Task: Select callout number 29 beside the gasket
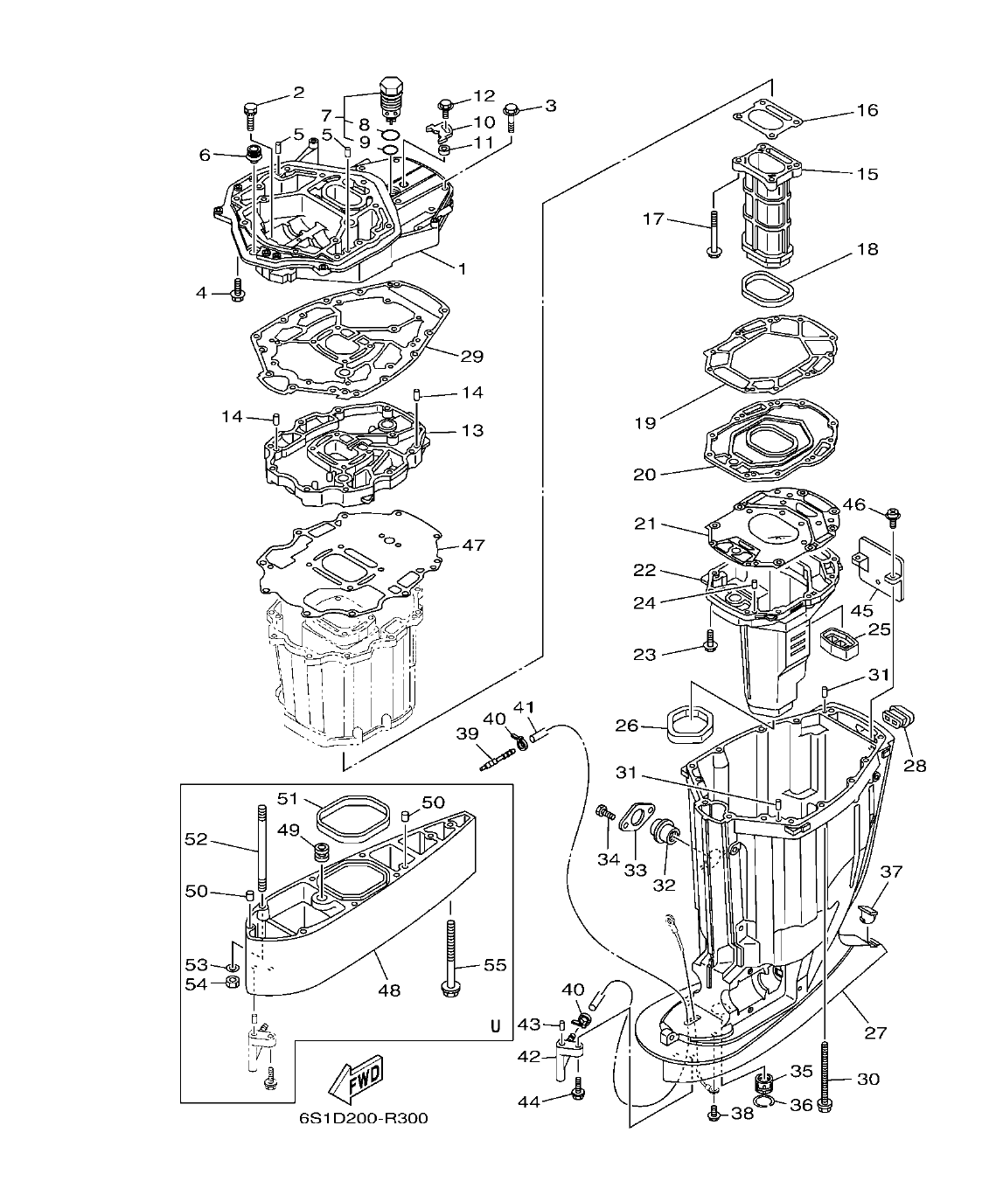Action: (x=472, y=357)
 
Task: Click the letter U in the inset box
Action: (x=495, y=1026)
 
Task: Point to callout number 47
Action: (x=473, y=545)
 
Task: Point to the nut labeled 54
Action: (x=233, y=983)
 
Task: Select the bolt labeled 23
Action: (x=709, y=648)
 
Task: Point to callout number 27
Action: (x=875, y=1032)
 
